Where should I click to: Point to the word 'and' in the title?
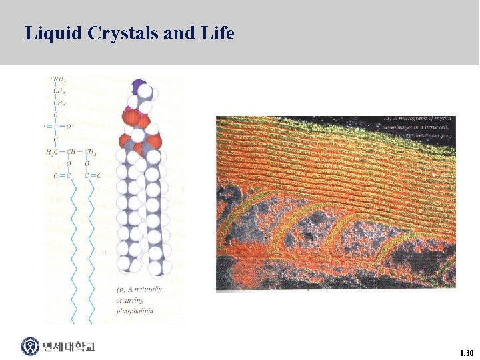coord(178,33)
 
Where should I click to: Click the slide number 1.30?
coord(466,352)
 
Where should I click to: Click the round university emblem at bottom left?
coord(30,347)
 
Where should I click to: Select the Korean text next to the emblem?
coord(69,347)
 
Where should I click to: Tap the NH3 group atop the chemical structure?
coord(59,81)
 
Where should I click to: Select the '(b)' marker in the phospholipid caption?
coord(121,290)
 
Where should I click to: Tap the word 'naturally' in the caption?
coord(147,290)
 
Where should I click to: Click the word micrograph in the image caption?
coord(413,119)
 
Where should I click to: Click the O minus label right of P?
coord(68,126)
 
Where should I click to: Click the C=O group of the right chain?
coord(93,176)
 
